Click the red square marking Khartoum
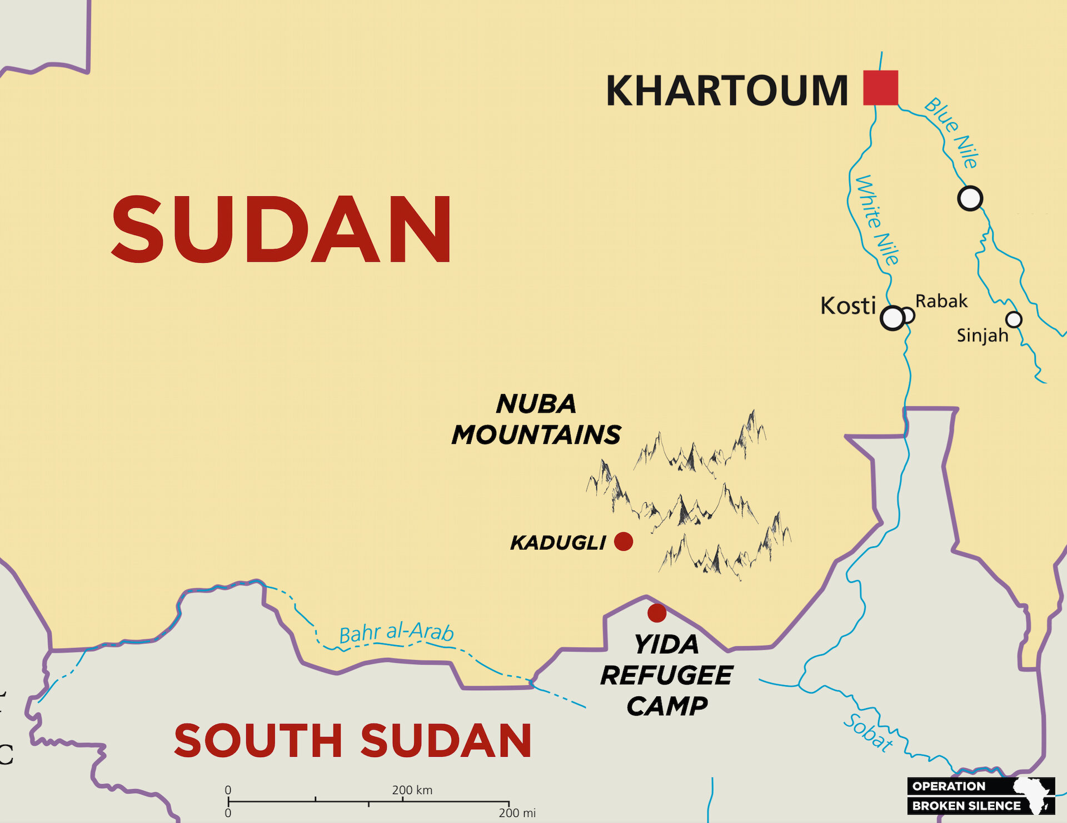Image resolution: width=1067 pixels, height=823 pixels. (880, 88)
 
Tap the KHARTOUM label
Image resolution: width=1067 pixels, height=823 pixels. (726, 91)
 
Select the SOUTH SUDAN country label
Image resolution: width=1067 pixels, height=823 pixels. (353, 741)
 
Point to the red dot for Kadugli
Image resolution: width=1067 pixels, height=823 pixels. (624, 541)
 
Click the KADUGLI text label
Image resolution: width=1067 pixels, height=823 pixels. (558, 543)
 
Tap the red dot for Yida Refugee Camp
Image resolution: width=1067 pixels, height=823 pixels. (657, 613)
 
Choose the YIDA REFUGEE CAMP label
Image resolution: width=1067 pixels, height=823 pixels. (667, 675)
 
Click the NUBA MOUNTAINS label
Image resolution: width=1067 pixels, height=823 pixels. (536, 420)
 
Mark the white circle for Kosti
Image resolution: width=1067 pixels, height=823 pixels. (893, 318)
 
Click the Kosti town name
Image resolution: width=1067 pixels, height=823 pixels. (848, 306)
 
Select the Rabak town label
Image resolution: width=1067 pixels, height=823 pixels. (941, 301)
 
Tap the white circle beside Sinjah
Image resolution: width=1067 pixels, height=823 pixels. (1014, 320)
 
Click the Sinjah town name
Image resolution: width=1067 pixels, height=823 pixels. (982, 336)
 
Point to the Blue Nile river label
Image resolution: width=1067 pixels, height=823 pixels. (951, 133)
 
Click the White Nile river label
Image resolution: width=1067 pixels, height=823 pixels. (877, 220)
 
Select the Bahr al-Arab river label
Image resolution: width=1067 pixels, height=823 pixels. (396, 633)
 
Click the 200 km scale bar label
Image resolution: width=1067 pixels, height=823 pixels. (412, 790)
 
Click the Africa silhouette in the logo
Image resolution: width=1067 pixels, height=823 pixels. (1034, 795)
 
